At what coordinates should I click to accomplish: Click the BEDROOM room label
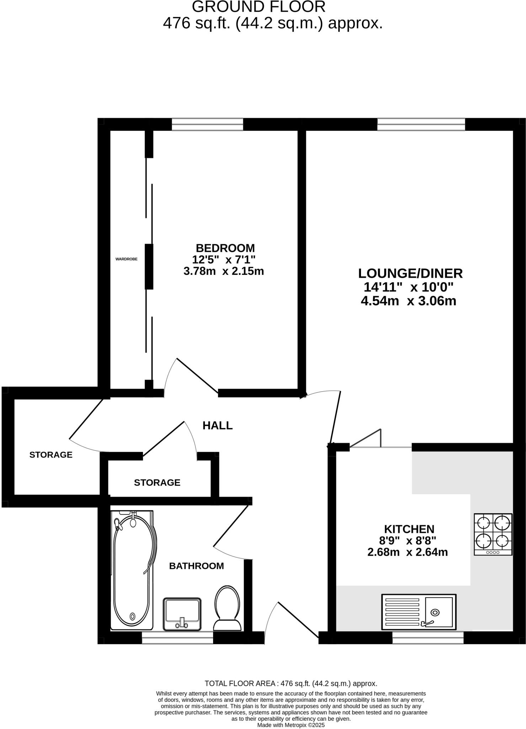225,248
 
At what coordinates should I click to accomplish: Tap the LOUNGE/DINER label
410,273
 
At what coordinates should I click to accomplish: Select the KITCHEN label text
409,529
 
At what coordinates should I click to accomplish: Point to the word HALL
217,425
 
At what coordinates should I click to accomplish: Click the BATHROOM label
196,566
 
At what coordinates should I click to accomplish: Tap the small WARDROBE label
126,259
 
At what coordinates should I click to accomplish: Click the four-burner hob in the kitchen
493,534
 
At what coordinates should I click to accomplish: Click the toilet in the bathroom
227,608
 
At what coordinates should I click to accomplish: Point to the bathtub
132,570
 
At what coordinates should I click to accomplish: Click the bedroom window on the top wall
207,124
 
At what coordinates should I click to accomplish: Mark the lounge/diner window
421,124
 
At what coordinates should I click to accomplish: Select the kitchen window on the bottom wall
428,638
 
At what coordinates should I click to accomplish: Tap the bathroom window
177,638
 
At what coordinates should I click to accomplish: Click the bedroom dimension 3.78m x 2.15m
224,271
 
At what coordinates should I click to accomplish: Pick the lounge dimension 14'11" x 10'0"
409,287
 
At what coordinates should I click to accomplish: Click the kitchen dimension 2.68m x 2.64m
408,552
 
